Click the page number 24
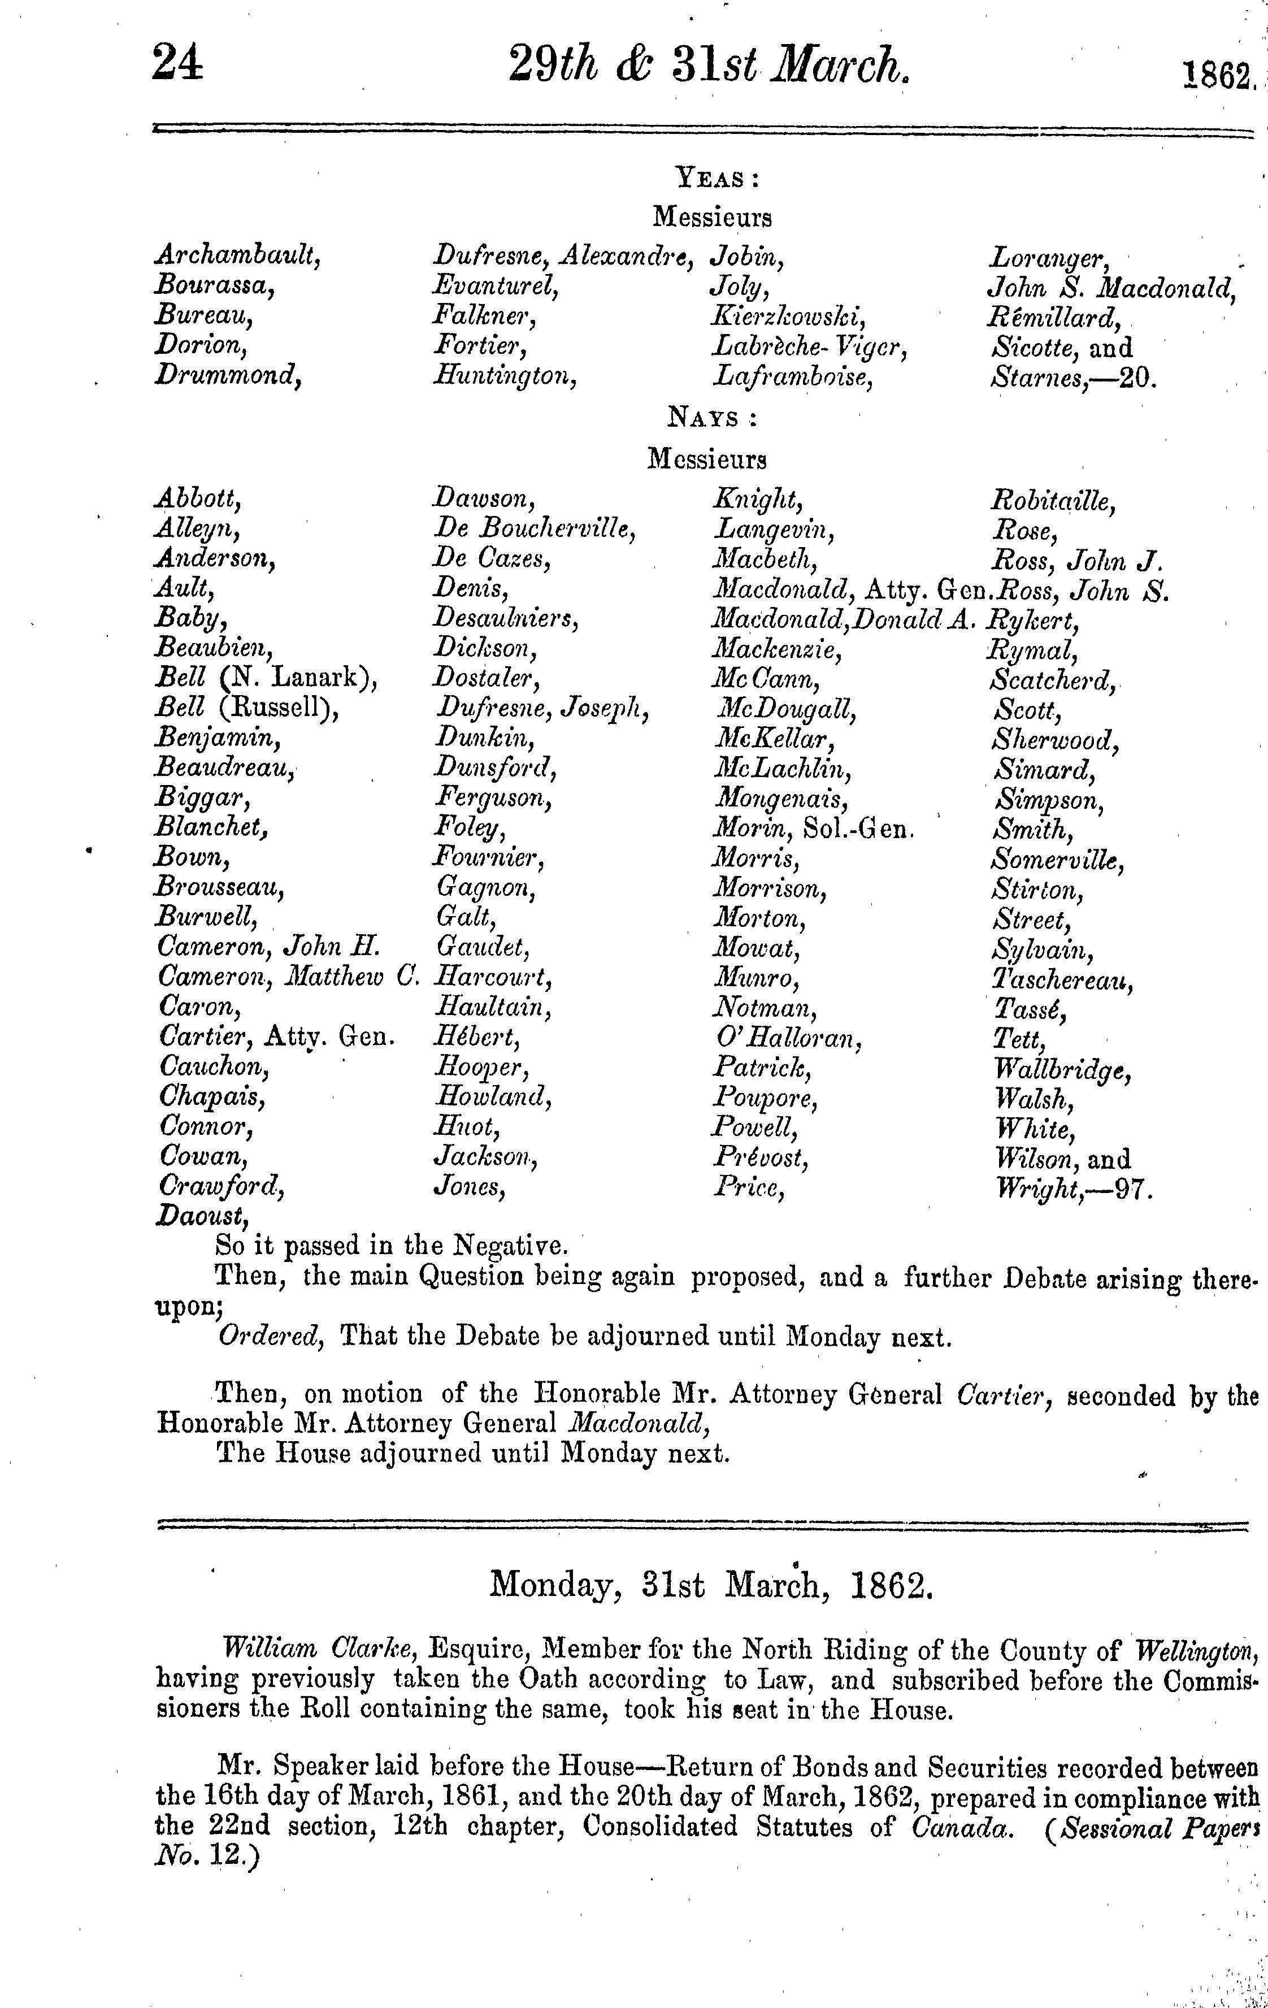177,64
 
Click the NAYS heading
712,419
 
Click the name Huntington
505,378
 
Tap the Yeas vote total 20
1137,379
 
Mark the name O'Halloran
787,1039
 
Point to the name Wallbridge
1063,1070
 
